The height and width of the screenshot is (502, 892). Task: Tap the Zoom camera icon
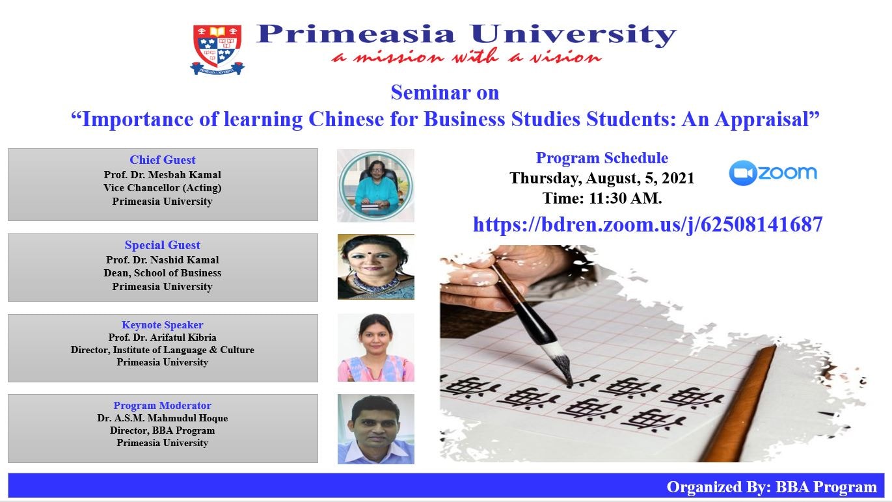tap(742, 173)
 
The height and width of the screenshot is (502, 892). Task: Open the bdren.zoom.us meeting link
tap(647, 224)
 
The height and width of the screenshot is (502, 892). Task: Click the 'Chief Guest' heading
tap(163, 159)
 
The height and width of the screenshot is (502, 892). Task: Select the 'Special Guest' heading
tap(163, 245)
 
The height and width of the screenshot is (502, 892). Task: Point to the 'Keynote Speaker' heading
tap(163, 325)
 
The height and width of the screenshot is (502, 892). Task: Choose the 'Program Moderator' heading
tap(163, 405)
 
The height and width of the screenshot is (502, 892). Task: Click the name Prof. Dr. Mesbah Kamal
tap(163, 175)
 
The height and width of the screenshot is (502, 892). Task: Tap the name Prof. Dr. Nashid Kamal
tap(163, 260)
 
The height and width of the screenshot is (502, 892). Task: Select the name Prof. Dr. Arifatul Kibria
tap(163, 337)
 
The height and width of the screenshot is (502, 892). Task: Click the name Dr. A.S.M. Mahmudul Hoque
tap(163, 418)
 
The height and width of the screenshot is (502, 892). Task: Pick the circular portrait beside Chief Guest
tap(375, 185)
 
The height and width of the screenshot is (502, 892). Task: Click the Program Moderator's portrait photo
tap(376, 429)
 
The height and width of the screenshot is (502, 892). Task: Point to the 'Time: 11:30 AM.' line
tap(602, 198)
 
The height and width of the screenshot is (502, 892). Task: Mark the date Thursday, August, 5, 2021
tap(602, 178)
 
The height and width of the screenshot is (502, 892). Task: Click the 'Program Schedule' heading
tap(602, 158)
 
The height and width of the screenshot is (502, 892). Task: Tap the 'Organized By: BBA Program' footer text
tap(772, 487)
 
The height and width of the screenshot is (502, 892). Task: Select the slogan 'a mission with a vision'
tap(466, 57)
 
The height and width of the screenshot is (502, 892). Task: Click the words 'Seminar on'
tap(445, 92)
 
